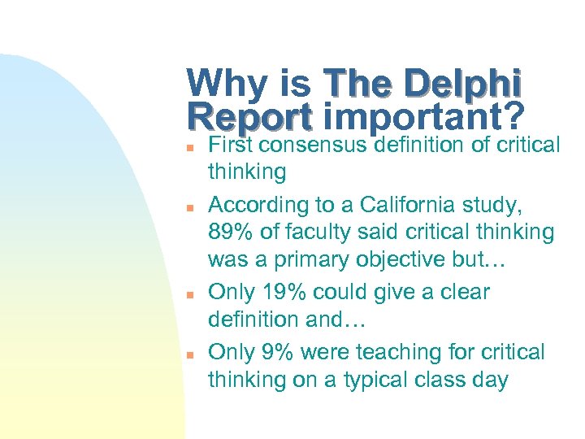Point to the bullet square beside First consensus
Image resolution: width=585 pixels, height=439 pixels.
tap(188, 148)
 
